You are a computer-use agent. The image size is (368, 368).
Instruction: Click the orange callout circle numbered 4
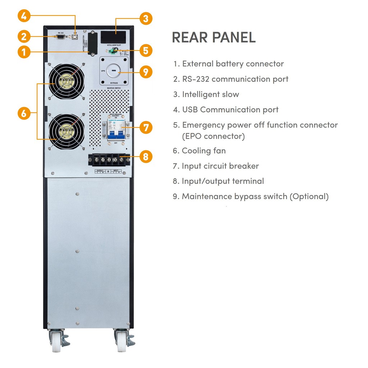24,16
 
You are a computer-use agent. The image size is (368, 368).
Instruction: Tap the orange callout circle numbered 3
146,18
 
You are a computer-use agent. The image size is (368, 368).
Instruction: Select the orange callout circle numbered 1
24,52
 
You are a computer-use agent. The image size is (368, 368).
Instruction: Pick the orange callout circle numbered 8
146,157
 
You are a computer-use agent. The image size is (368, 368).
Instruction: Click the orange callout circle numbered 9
146,72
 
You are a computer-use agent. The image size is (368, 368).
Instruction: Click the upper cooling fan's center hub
66,82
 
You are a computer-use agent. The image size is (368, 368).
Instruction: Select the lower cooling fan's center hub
66,132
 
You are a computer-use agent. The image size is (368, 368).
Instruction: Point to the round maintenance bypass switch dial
113,71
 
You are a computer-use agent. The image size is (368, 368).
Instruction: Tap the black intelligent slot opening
113,37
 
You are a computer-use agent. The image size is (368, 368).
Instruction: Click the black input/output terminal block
109,158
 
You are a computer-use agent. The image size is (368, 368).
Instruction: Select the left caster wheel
57,341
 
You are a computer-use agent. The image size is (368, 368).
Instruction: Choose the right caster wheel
121,341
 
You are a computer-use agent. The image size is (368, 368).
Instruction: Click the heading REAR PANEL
214,37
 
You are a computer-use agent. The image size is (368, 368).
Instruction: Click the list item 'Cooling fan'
203,151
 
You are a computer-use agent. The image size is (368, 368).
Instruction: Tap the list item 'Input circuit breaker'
220,166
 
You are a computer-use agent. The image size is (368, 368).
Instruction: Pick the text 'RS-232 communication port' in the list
235,79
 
